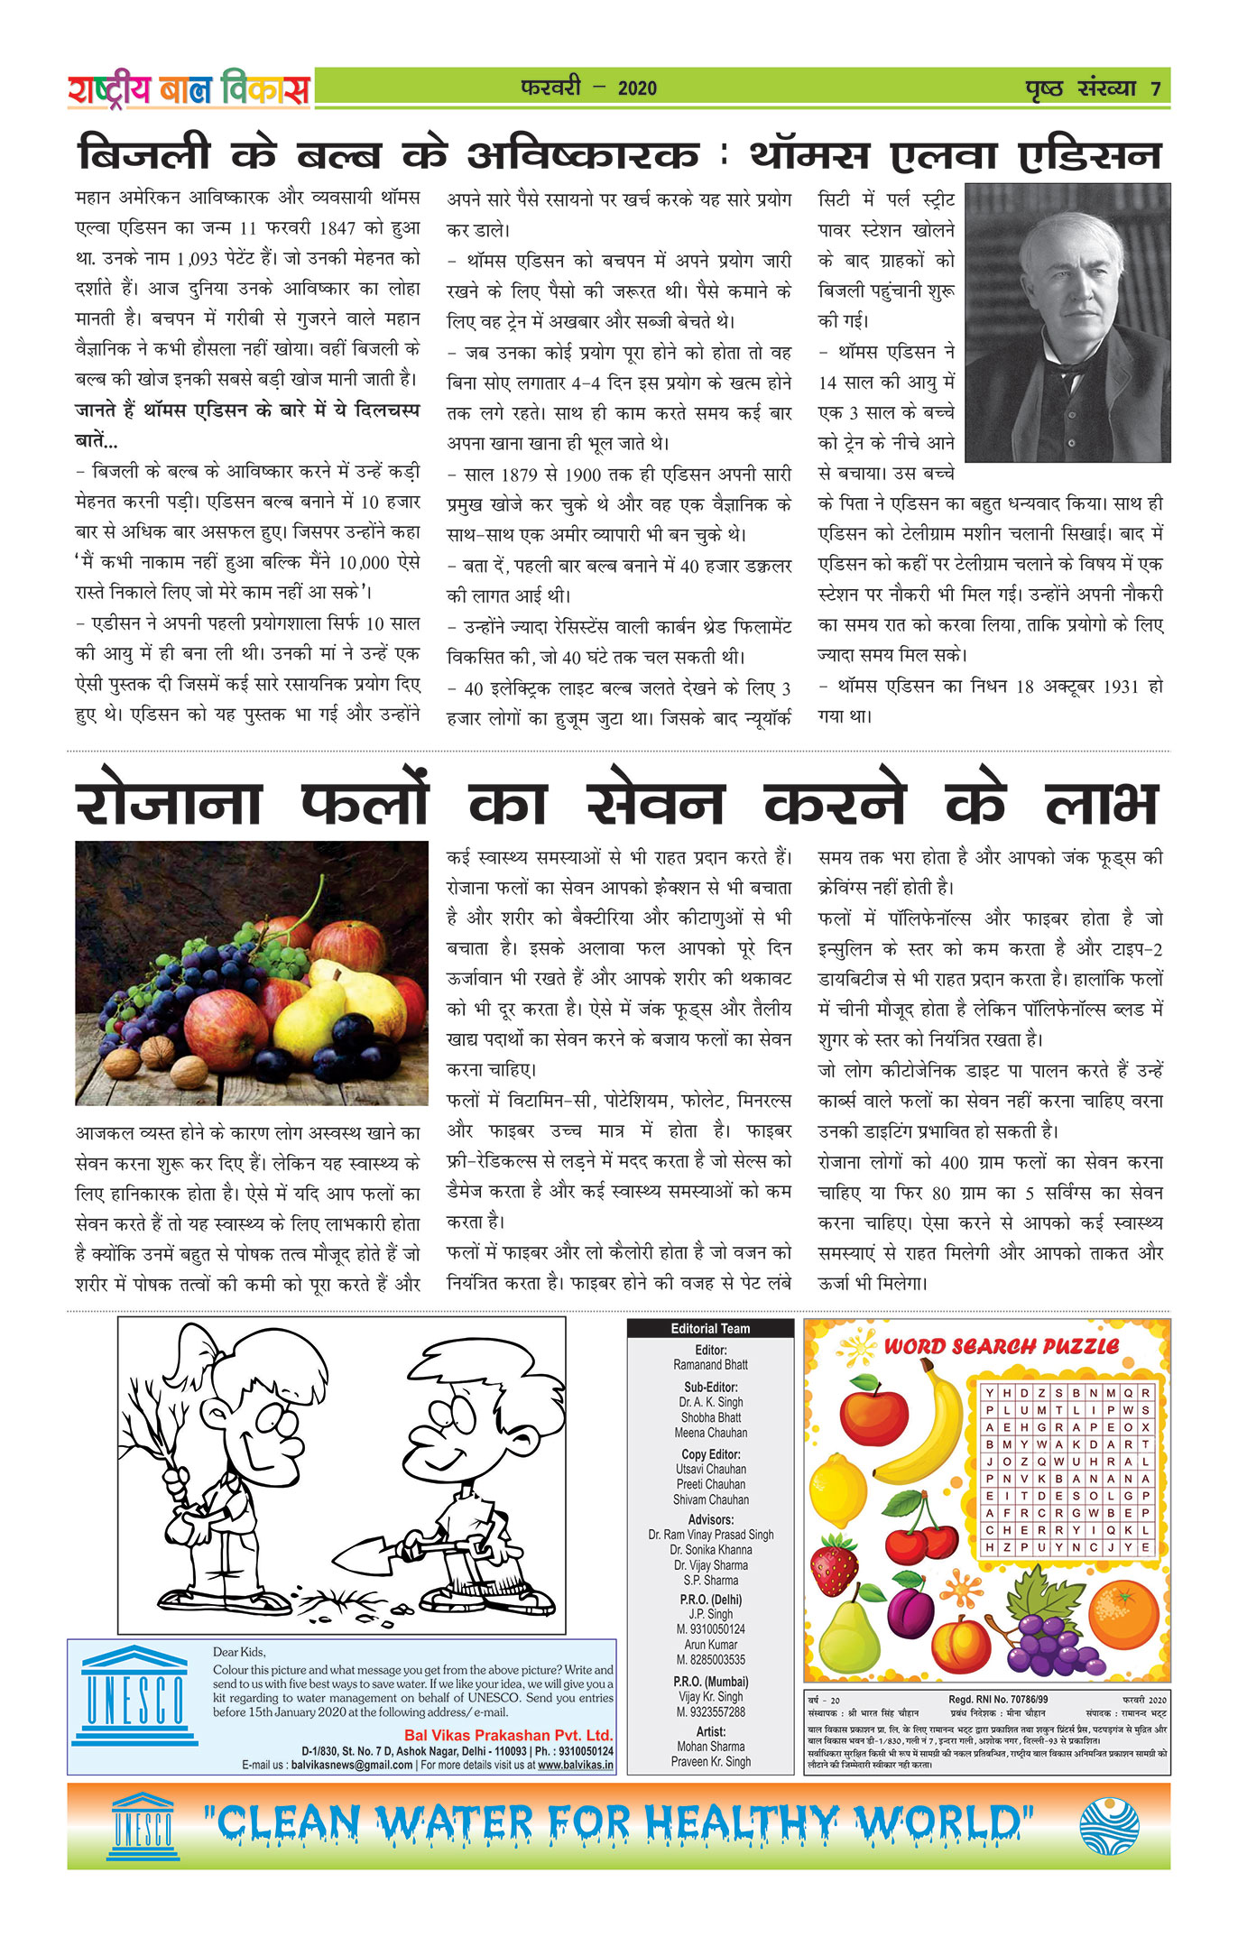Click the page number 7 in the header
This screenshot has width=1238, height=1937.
pos(1155,88)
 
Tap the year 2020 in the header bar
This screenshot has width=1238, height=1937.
pos(637,88)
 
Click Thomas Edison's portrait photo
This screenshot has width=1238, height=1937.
pos(1067,323)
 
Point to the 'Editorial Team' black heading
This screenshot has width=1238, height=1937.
pos(710,1328)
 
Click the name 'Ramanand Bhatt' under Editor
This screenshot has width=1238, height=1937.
pos(710,1365)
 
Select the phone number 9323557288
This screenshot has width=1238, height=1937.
pos(710,1711)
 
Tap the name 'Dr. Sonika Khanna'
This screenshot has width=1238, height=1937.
pos(710,1549)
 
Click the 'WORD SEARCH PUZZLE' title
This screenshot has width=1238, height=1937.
pos(1001,1346)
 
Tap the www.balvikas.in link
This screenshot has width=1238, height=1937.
pos(575,1765)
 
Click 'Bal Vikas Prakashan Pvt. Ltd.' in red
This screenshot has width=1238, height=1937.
pos(508,1735)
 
